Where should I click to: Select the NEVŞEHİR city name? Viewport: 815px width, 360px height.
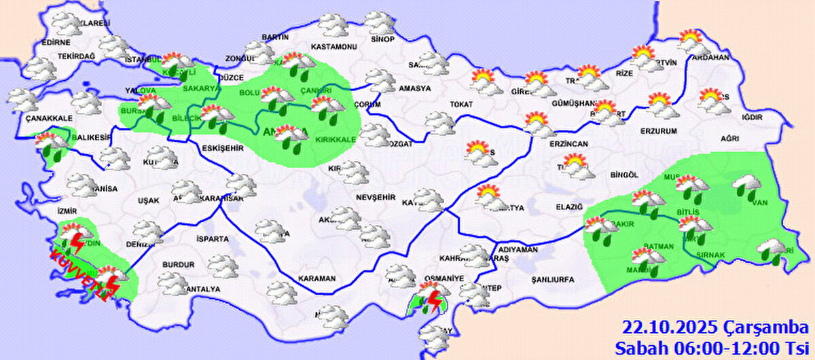pyautogui.click(x=375, y=197)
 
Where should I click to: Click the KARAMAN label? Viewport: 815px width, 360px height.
pyautogui.click(x=317, y=278)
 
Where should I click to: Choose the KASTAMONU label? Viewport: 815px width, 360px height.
pyautogui.click(x=333, y=46)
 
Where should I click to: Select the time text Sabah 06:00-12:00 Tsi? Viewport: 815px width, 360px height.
pyautogui.click(x=713, y=348)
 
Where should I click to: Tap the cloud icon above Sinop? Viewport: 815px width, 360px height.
pyautogui.click(x=380, y=22)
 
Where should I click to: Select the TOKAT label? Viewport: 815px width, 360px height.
pyautogui.click(x=460, y=105)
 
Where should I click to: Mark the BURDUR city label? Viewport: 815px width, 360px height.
pyautogui.click(x=178, y=265)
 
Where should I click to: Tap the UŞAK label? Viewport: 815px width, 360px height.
pyautogui.click(x=148, y=200)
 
